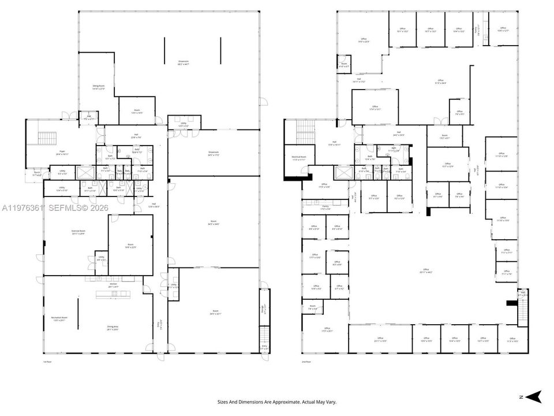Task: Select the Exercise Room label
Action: [x=78, y=233]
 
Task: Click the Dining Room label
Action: [x=99, y=88]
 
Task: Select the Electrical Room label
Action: [x=298, y=158]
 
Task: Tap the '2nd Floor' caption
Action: [x=306, y=362]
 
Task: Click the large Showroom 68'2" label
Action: [x=184, y=62]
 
